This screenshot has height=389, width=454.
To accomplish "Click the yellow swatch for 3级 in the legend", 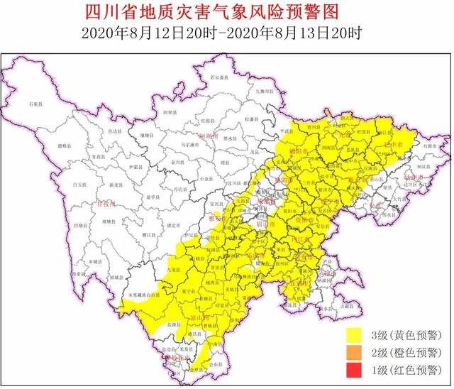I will (355, 332).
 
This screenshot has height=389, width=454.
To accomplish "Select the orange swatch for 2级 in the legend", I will (355, 351).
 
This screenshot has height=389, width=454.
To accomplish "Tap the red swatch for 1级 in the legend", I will (355, 369).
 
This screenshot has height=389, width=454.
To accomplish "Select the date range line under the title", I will (227, 31).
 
